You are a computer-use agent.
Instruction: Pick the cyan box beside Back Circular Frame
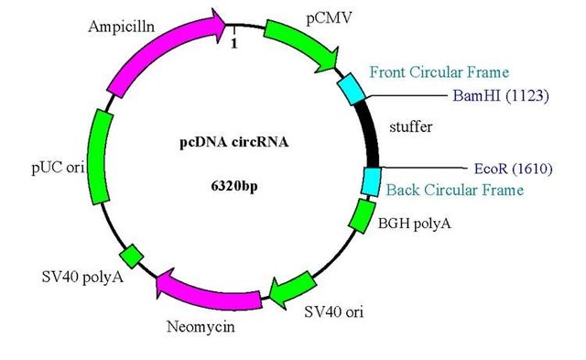[372, 181]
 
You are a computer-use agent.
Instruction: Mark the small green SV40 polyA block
[132, 254]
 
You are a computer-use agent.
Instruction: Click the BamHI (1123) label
[501, 94]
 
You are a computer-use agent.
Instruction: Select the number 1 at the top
[235, 41]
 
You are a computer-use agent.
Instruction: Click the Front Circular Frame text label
[439, 72]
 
